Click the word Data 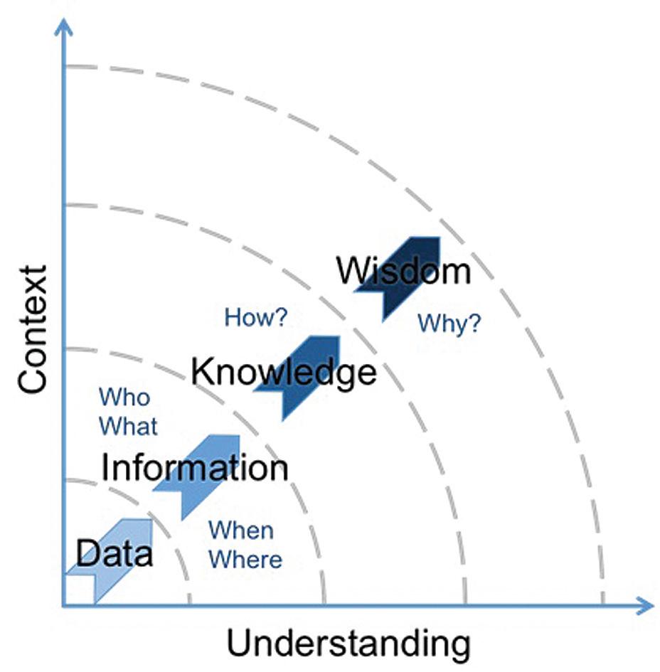tap(114, 553)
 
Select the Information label tap(194, 468)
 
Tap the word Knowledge tap(284, 371)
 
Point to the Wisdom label tap(403, 271)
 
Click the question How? tap(255, 317)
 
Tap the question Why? tap(449, 324)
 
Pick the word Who tap(124, 397)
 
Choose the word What tap(128, 427)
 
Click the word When tap(240, 530)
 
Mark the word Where tap(245, 559)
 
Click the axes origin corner tap(65, 606)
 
